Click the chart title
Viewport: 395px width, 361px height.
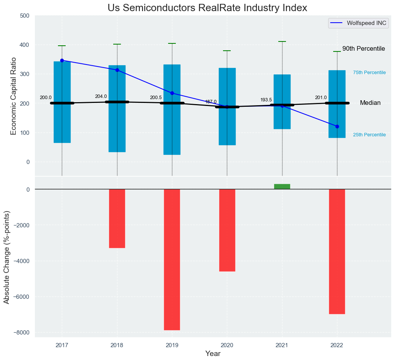click(207, 8)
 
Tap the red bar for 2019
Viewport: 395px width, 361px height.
click(172, 259)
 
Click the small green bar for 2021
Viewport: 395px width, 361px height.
click(282, 187)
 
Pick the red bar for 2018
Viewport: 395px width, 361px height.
click(117, 219)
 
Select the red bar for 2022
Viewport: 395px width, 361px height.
click(337, 252)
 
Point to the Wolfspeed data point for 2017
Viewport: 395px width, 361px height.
click(62, 60)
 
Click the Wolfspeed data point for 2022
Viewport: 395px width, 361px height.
click(337, 126)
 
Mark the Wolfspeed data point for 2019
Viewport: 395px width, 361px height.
click(172, 93)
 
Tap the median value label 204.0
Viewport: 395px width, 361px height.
click(101, 96)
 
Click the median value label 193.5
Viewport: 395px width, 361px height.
click(266, 100)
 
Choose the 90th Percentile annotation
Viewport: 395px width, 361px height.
click(364, 49)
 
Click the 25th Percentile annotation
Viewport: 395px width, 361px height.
click(369, 135)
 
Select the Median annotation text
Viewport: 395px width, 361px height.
click(370, 103)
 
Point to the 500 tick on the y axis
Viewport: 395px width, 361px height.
click(25, 16)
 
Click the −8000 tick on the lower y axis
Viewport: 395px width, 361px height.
click(22, 333)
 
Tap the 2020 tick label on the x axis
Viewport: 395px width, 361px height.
click(227, 345)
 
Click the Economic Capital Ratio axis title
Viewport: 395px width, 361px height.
click(13, 96)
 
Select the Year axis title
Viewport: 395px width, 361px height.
click(213, 354)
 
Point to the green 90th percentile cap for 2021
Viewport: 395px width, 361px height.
click(282, 41)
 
